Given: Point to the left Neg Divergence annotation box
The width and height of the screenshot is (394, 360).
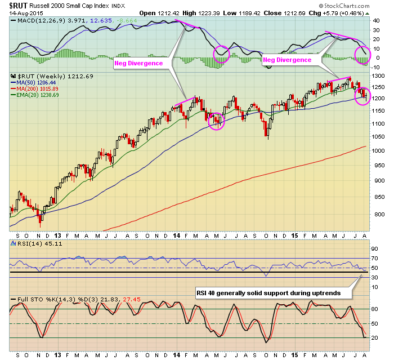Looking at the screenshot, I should pos(138,63).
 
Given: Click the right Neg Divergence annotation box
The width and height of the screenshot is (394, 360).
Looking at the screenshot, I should pos(288,59).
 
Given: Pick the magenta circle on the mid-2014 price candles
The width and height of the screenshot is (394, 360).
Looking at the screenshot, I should pos(216,120).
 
